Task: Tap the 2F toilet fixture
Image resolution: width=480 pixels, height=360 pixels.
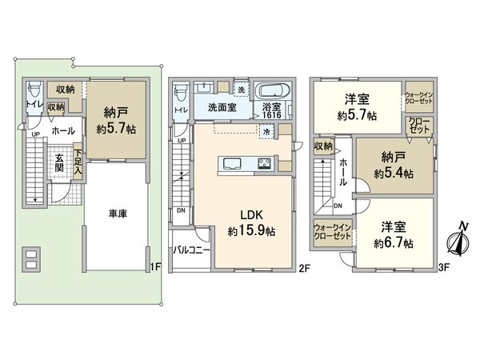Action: point(181,90)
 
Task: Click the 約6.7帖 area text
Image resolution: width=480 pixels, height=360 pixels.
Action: point(392,242)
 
